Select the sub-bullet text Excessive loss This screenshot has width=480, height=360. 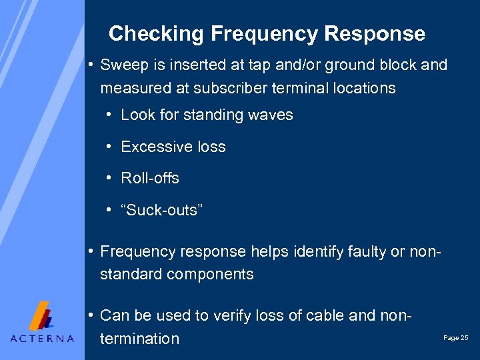pos(173,147)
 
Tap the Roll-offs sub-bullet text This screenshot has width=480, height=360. pos(150,178)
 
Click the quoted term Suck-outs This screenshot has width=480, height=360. pos(162,210)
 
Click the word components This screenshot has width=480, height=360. pos(213,274)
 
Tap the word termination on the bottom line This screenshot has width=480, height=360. pos(140,339)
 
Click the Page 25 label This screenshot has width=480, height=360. pos(455,339)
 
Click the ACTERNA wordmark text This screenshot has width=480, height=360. pos(42,338)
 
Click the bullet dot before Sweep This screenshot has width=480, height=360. pos(89,65)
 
